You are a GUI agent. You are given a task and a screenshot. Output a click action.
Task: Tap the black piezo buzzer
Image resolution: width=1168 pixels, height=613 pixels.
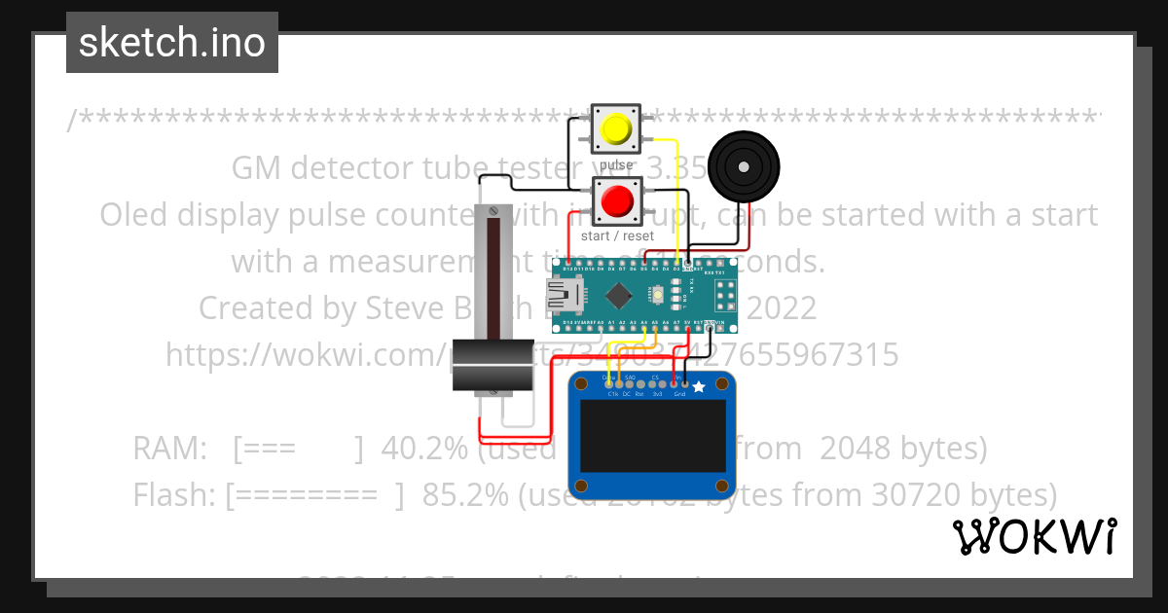click(x=744, y=167)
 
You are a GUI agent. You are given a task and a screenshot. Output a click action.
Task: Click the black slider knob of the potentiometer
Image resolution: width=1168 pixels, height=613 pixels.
click(x=493, y=366)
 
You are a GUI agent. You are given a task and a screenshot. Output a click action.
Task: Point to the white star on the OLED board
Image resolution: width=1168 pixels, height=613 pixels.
click(x=698, y=387)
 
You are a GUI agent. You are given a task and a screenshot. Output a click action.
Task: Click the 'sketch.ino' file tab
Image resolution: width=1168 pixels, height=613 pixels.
click(x=172, y=43)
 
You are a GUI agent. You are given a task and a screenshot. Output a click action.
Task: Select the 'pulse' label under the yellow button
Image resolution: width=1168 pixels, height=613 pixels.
click(x=616, y=164)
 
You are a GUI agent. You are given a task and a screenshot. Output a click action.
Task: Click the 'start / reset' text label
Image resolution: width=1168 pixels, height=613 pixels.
click(x=617, y=235)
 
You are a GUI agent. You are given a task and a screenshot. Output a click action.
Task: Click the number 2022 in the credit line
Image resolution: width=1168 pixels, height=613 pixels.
click(x=782, y=307)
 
